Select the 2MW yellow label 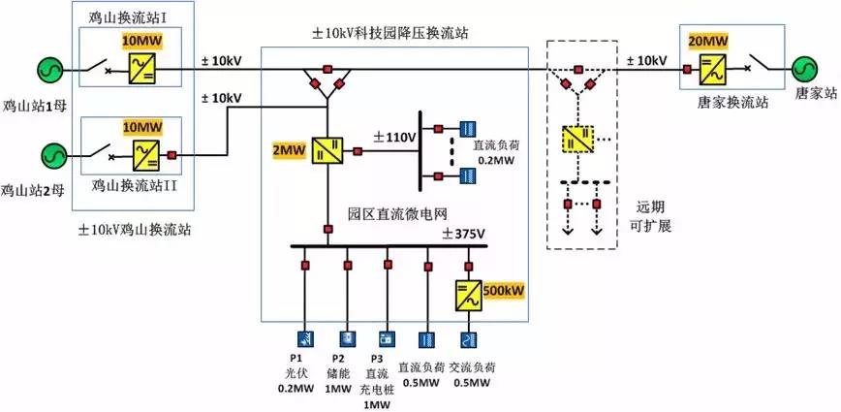pos(288,151)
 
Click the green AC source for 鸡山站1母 pos(51,70)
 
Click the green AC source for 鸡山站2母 pos(51,154)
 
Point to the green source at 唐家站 pos(805,70)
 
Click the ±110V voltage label pos(395,139)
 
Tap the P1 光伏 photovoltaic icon pos(305,339)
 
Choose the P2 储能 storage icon pos(346,339)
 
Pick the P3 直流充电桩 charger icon pos(387,339)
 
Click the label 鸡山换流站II pos(132,183)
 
